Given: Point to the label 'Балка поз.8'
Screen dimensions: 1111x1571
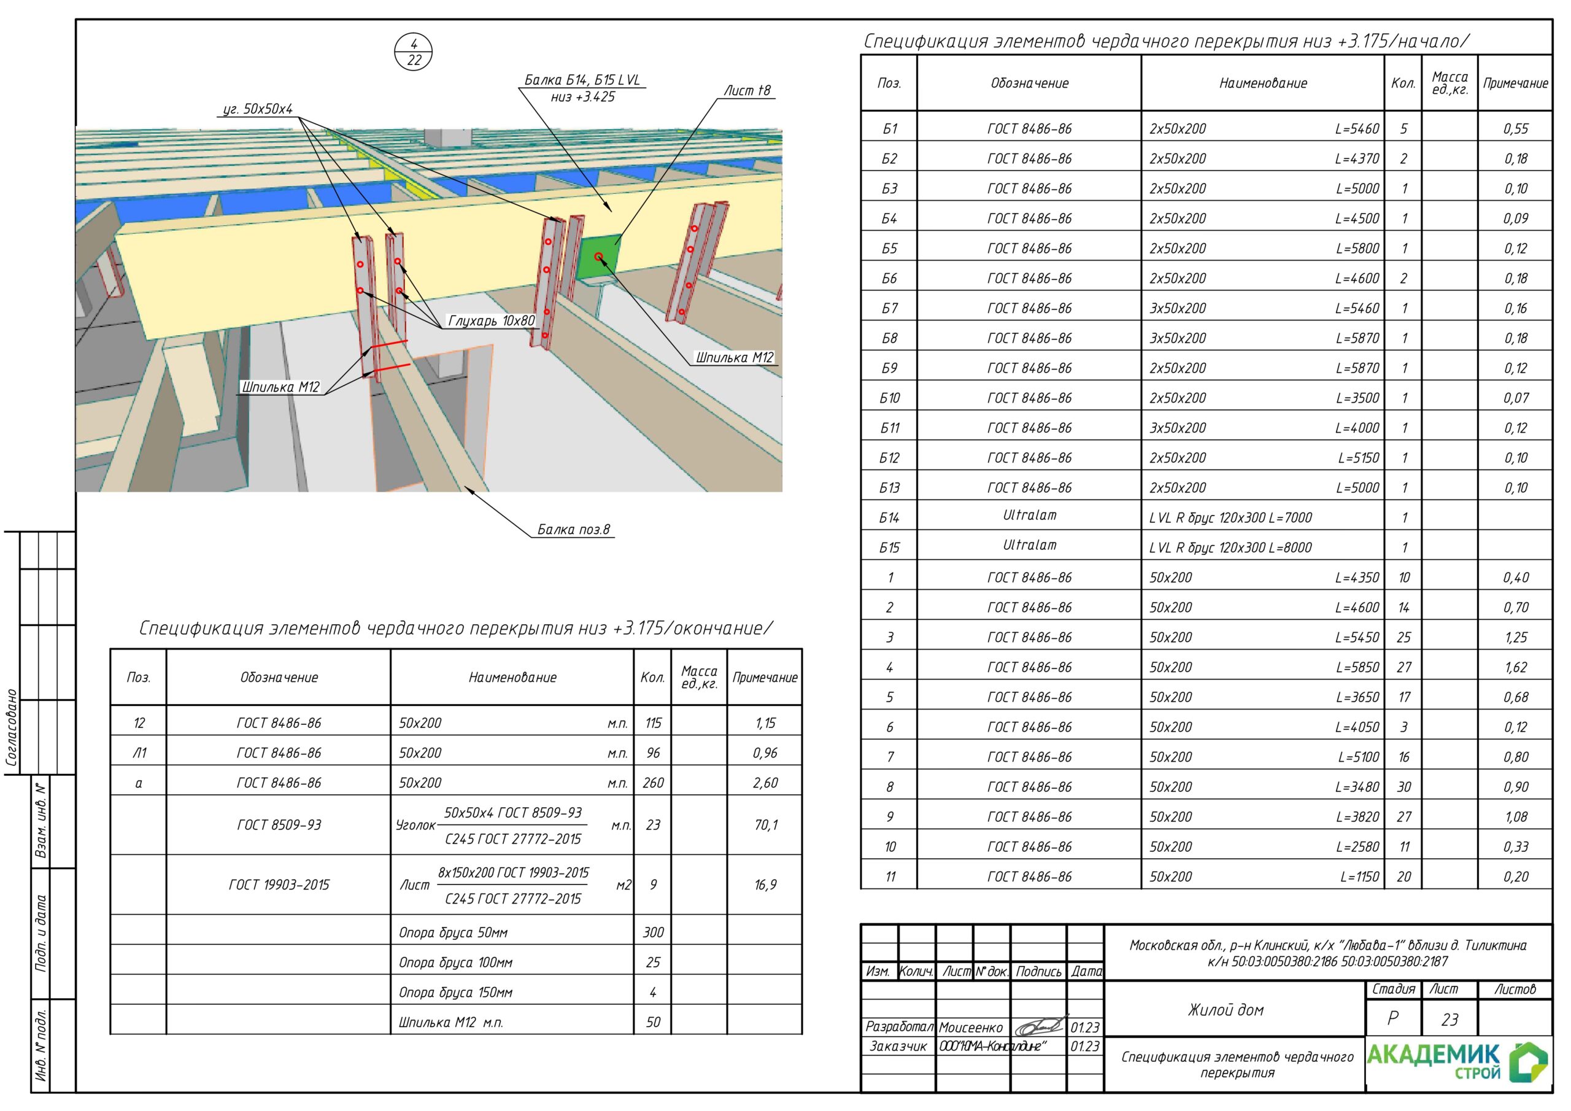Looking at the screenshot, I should [x=573, y=529].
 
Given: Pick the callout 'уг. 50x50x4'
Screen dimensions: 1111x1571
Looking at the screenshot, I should [x=258, y=109].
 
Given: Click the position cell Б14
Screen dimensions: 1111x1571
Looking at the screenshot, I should [x=889, y=518].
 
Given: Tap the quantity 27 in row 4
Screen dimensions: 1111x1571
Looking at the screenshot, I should [x=1403, y=667].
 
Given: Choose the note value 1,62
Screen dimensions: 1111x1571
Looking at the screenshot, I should [x=1516, y=667].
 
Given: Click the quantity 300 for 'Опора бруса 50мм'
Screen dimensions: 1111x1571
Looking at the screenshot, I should [x=653, y=932].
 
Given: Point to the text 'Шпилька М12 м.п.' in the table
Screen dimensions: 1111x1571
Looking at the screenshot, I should [x=451, y=1023].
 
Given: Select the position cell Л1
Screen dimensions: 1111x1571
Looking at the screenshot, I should [x=139, y=753].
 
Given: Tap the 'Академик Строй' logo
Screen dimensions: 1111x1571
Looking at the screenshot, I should [x=1457, y=1063].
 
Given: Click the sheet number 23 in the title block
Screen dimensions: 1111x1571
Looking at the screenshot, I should [x=1449, y=1020].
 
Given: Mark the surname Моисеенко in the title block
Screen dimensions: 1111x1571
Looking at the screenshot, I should [x=971, y=1028].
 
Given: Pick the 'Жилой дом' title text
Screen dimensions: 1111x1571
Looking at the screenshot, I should [x=1226, y=1010].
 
